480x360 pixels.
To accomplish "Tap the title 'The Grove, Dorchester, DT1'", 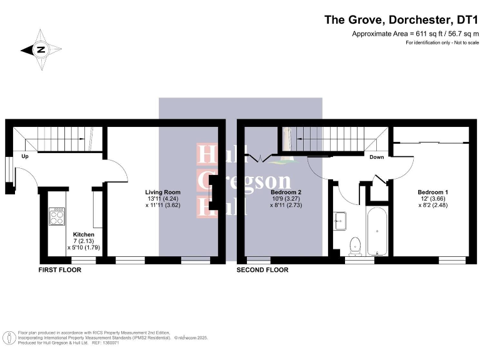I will click(401, 19).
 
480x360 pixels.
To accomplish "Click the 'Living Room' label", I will click(162, 192).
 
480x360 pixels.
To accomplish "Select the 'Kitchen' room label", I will click(84, 234).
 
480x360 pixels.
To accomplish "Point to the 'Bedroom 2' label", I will click(286, 192).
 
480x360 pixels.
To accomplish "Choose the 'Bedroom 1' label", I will click(432, 192).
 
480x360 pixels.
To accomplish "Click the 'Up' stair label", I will click(26, 156).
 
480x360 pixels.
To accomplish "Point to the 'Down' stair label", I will click(376, 157).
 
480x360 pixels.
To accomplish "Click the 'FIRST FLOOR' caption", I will click(61, 270).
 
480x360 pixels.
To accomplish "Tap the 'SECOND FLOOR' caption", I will click(262, 270).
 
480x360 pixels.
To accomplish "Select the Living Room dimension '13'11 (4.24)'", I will click(162, 198).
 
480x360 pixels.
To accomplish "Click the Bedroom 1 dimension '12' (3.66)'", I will click(432, 198).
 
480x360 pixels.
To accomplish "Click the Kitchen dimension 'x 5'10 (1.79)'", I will click(84, 247).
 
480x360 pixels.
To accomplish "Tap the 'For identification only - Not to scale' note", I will click(442, 42).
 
